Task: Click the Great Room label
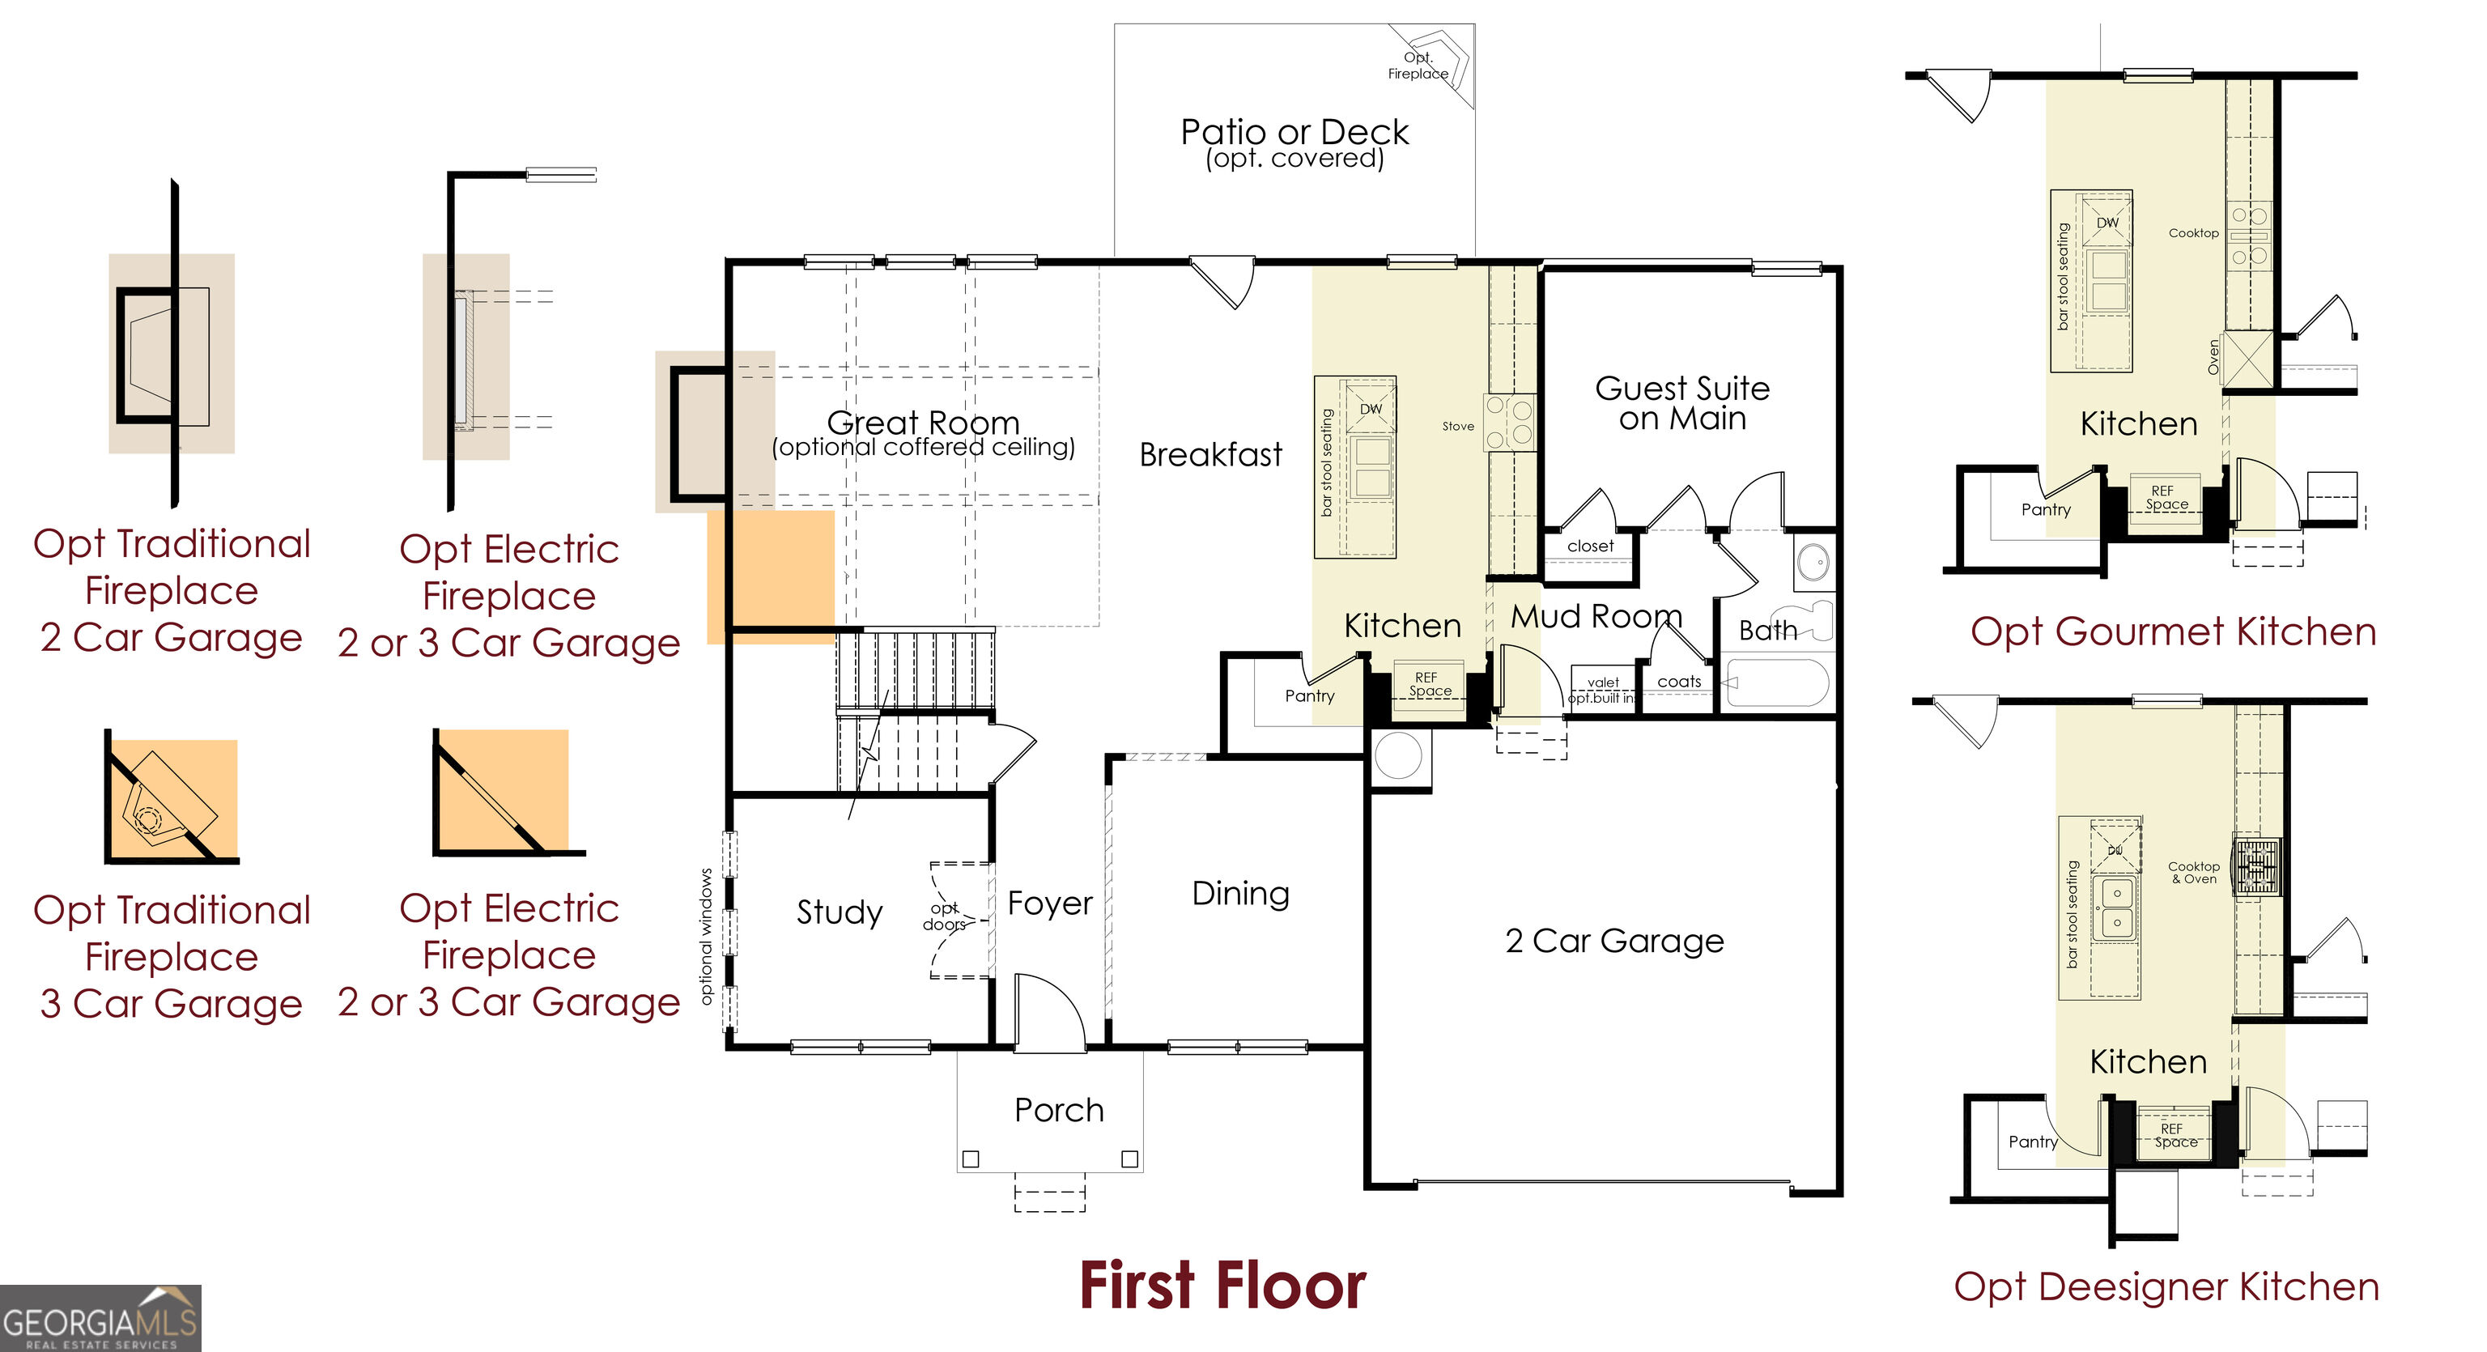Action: [x=923, y=422]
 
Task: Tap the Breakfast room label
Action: [x=1210, y=454]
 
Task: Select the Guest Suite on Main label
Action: [x=1681, y=402]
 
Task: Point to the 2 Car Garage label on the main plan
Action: [x=1614, y=940]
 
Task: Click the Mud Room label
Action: [x=1596, y=615]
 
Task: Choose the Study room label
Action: [x=839, y=912]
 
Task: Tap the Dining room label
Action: [x=1240, y=893]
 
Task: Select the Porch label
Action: [x=1059, y=1110]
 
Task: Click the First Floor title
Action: [x=1222, y=1286]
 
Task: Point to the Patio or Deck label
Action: [x=1295, y=131]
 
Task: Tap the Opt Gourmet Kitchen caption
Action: [x=2173, y=631]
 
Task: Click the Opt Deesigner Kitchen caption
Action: [x=2166, y=1287]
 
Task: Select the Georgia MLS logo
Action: [x=100, y=1318]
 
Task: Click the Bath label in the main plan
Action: [x=1768, y=631]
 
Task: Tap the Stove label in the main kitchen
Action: [x=1458, y=426]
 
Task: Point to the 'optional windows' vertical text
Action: [x=706, y=936]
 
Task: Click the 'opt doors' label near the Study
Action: [x=944, y=916]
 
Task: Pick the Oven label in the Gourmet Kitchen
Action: [x=2214, y=357]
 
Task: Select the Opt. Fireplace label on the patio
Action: [x=1418, y=66]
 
